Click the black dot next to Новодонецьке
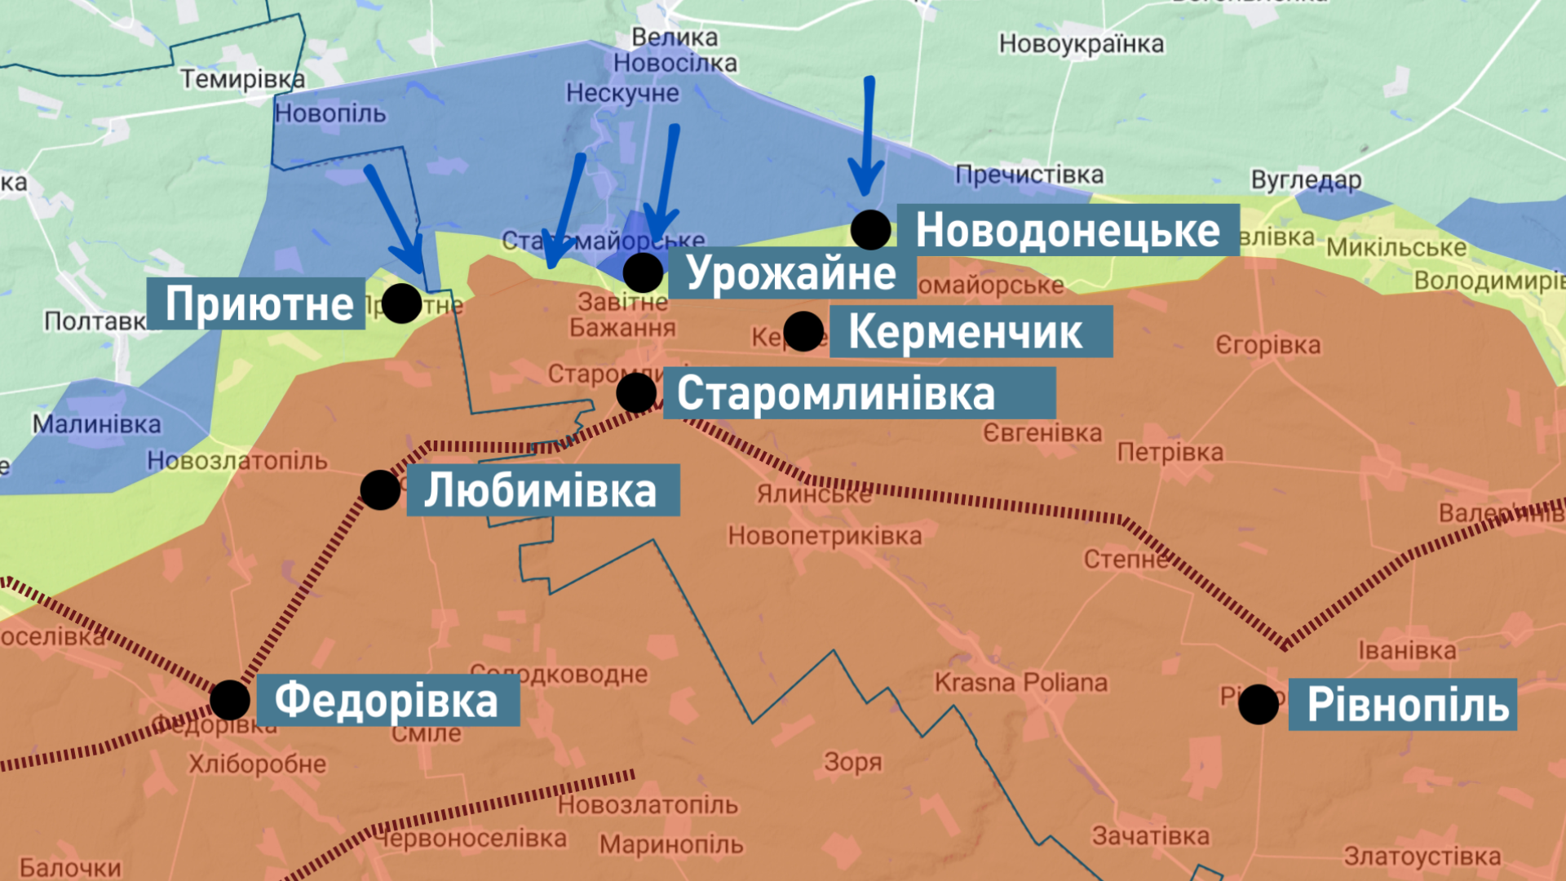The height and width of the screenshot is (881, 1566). (870, 230)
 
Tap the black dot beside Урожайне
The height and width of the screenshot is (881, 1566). (643, 272)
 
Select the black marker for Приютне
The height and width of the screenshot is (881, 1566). (401, 303)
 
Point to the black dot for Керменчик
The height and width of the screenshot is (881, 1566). (803, 331)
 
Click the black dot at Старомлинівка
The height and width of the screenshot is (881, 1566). (636, 393)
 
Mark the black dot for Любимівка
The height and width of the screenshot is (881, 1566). (380, 490)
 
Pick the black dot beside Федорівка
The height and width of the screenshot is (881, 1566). (230, 700)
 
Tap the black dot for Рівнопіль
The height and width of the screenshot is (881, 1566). (1259, 703)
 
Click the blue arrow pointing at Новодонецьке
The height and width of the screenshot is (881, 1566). (867, 139)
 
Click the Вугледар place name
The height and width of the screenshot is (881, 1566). (1306, 179)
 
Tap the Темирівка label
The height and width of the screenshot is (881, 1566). (242, 79)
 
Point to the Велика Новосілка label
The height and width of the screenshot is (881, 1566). (675, 50)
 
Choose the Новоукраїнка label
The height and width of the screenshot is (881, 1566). (1081, 43)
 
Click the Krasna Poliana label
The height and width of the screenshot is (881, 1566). (1020, 682)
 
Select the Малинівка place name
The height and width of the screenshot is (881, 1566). (96, 424)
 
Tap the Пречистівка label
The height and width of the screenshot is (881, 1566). (1029, 175)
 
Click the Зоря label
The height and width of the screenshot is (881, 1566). (852, 762)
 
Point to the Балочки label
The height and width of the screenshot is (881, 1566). (70, 868)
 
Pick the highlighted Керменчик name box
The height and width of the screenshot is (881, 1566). (971, 331)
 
